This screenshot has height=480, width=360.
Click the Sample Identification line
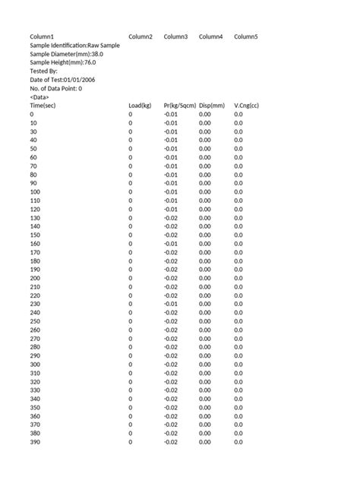pyautogui.click(x=74, y=46)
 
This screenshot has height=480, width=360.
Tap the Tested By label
pyautogui.click(x=47, y=71)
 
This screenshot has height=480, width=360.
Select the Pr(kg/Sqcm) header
pyautogui.click(x=180, y=106)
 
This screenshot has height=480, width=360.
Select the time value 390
pyautogui.click(x=35, y=442)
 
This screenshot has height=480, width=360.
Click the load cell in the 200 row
pyautogui.click(x=131, y=278)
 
